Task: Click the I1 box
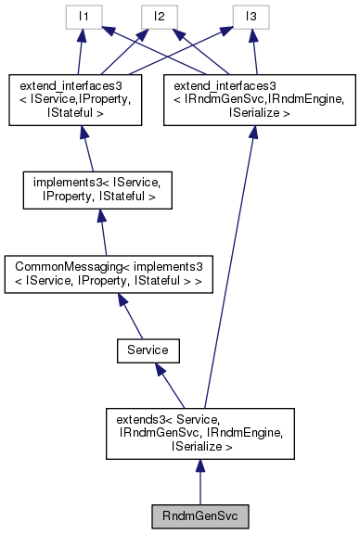tap(83, 16)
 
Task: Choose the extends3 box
tap(200, 433)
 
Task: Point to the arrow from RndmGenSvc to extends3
tap(200, 482)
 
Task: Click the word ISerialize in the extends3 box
tap(199, 446)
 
